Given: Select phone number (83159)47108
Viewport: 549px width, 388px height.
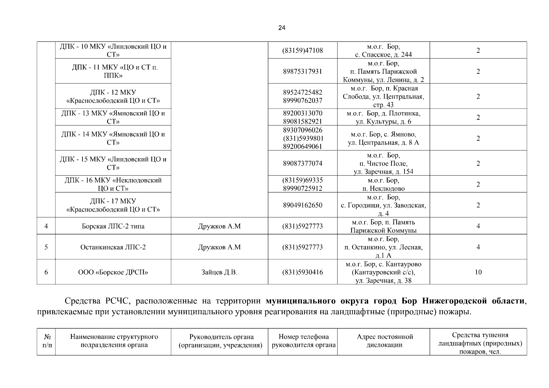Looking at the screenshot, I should click(x=302, y=50).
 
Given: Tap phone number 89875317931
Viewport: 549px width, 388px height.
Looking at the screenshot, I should click(x=302, y=71).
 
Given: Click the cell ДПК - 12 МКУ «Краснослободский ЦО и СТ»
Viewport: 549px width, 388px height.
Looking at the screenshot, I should click(x=113, y=96).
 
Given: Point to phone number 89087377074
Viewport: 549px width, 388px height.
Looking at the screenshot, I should click(x=302, y=163).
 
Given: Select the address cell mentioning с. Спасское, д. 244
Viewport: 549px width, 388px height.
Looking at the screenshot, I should click(x=383, y=50).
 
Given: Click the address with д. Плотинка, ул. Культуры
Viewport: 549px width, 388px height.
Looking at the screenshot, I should click(x=383, y=117).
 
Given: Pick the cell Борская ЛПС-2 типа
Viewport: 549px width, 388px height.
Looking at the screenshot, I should click(x=113, y=226).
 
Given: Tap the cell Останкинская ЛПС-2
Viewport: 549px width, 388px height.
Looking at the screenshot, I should click(x=113, y=247).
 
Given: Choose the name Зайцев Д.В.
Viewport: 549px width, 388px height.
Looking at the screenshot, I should click(x=219, y=272).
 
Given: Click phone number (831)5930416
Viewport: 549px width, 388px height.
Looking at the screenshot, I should click(x=302, y=272).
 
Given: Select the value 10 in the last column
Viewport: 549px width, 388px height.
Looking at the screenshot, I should click(x=478, y=272).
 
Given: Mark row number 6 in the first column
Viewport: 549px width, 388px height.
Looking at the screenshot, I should click(x=46, y=272).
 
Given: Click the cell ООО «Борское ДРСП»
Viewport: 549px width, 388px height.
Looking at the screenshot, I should click(x=113, y=272).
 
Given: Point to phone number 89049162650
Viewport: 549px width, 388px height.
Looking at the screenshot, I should click(x=302, y=205).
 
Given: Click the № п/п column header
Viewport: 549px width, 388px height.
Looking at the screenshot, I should click(x=47, y=341).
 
